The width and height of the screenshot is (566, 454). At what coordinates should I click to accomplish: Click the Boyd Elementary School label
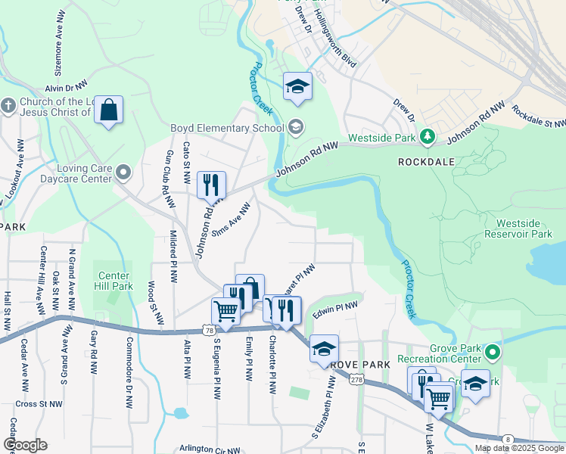(x=226, y=128)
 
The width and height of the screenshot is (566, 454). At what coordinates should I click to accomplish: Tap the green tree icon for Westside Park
(x=428, y=137)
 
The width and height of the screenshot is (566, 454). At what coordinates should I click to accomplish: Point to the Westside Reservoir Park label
(x=529, y=229)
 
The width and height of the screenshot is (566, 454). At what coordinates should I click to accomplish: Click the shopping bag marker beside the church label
(x=109, y=111)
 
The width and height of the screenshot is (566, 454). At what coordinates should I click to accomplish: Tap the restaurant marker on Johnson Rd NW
(x=211, y=184)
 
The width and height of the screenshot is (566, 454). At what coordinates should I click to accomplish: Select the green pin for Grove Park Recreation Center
(x=493, y=353)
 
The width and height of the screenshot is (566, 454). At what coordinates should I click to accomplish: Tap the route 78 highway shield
(x=207, y=330)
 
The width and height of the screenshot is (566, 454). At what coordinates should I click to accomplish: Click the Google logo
(x=25, y=445)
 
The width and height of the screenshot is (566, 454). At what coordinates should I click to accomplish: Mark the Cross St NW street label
(x=38, y=403)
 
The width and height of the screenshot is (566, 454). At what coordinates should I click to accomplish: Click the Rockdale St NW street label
(x=539, y=117)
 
